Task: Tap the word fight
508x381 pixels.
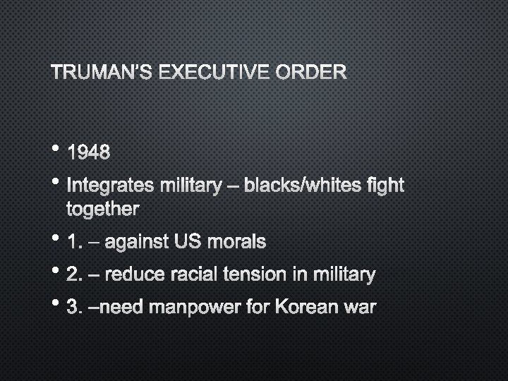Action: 385,186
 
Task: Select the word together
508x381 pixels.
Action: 102,209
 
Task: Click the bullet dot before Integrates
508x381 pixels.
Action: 56,182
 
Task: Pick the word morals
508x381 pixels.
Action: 236,242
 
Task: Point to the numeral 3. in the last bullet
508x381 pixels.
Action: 73,308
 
